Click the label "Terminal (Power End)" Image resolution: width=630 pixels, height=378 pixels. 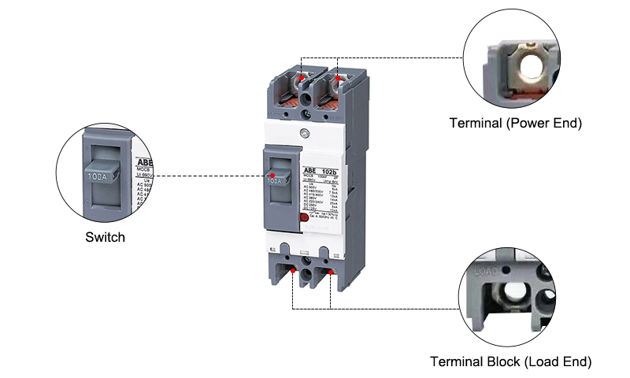pyautogui.click(x=515, y=124)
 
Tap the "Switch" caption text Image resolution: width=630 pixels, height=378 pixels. pyautogui.click(x=105, y=236)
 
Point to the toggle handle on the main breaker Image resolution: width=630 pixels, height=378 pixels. pyautogui.click(x=275, y=178)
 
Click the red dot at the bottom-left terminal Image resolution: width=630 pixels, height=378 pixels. pyautogui.click(x=294, y=272)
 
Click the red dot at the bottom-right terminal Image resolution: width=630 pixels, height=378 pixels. pyautogui.click(x=332, y=272)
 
